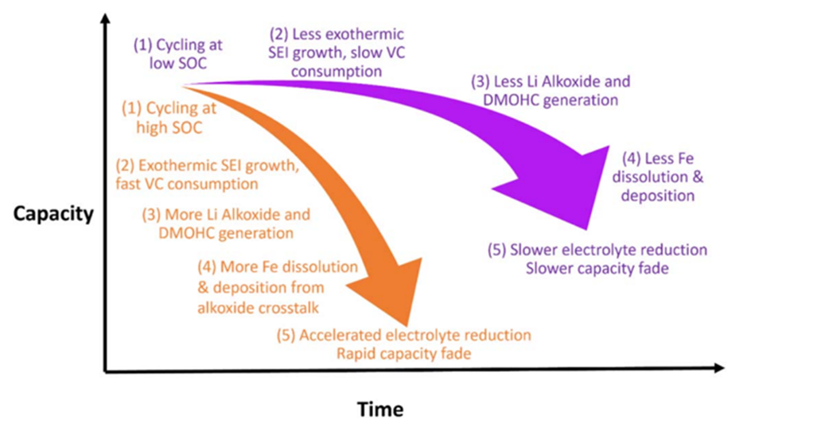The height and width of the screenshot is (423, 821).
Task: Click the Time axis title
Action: click(x=379, y=409)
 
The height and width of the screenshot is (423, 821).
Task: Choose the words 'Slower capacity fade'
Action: click(x=597, y=268)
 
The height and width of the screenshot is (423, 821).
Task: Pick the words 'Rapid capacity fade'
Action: click(x=403, y=353)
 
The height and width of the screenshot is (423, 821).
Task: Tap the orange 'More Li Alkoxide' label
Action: click(x=214, y=215)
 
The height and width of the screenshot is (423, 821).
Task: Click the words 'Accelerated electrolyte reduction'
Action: click(x=403, y=336)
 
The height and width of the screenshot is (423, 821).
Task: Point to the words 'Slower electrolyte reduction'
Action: click(x=597, y=250)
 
